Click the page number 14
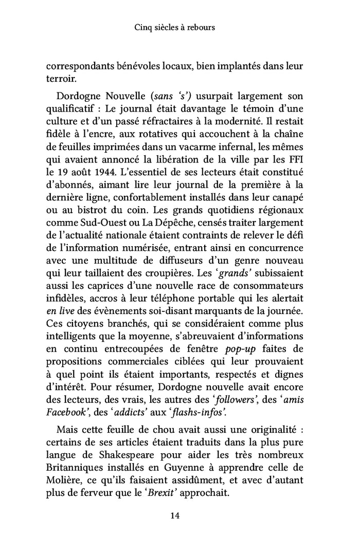[180, 515]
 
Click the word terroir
[61, 80]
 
